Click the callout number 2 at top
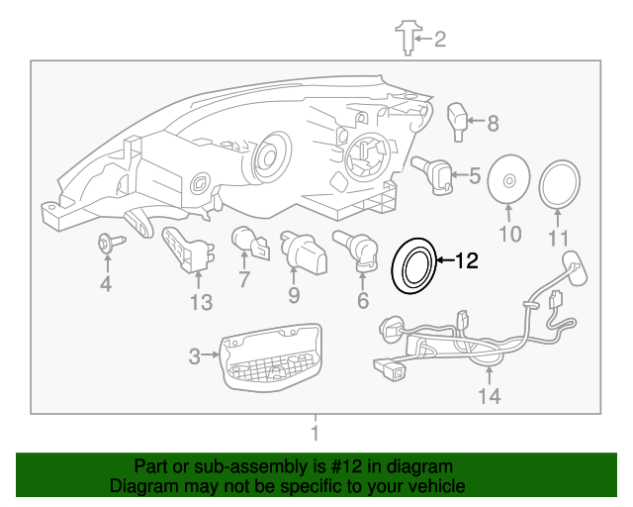(x=440, y=40)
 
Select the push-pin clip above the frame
(x=406, y=37)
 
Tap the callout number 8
(x=492, y=124)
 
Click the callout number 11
(x=559, y=239)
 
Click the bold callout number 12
(x=466, y=261)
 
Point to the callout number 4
(x=106, y=287)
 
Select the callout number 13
(x=201, y=303)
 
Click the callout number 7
(x=244, y=282)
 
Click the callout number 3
(x=195, y=355)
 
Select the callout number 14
(x=490, y=397)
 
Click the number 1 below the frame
(x=315, y=433)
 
